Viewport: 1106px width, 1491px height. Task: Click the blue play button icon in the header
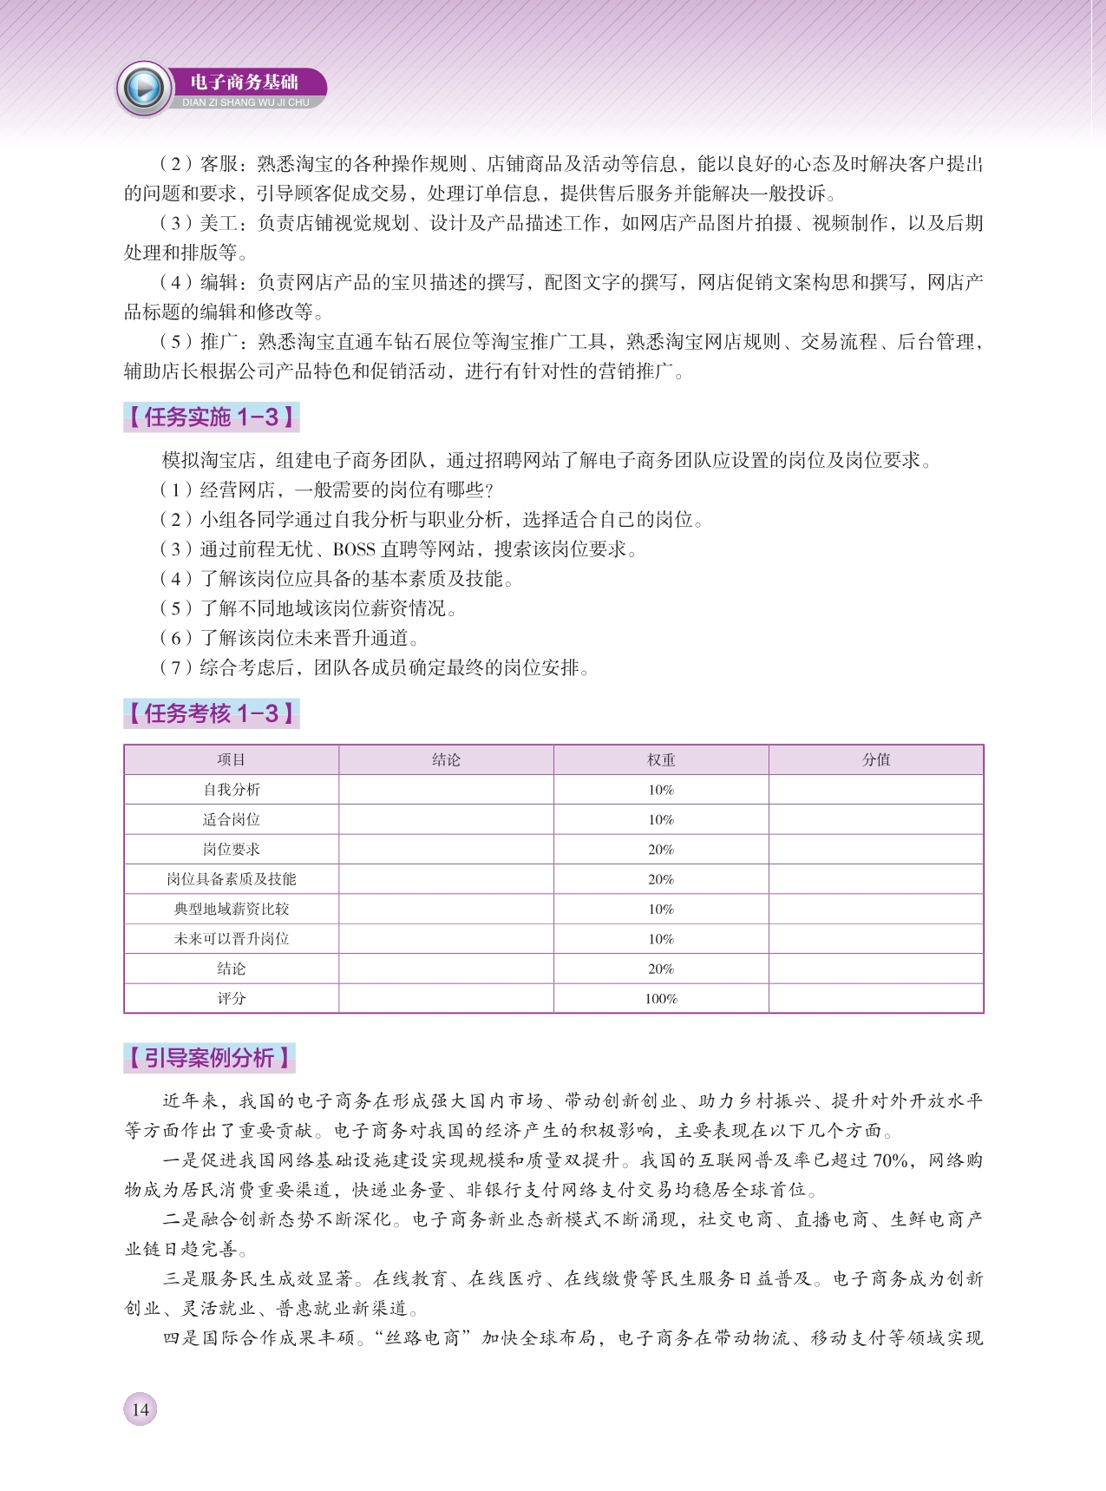144,88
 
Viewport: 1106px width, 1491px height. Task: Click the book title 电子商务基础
244,82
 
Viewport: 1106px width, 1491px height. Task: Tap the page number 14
141,1409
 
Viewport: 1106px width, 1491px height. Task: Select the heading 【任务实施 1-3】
212,417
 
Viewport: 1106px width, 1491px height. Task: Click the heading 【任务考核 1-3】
212,713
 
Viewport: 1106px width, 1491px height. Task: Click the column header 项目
231,759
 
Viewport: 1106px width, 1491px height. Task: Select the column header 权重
661,759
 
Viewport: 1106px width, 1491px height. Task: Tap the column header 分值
876,759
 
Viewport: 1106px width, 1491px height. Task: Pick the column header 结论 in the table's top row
446,759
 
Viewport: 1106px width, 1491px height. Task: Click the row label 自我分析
231,790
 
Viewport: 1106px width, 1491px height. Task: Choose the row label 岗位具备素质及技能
231,879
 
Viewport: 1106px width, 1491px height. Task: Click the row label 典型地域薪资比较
231,909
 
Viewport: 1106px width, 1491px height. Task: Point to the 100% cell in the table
661,999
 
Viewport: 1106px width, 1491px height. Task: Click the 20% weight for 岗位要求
661,850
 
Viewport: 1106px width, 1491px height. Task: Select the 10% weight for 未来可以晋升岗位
661,939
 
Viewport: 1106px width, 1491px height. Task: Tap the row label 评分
231,999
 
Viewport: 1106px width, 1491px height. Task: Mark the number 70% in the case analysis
890,1160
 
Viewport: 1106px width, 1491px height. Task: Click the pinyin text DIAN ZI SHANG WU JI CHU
245,102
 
